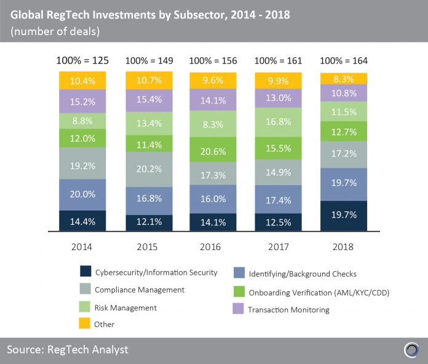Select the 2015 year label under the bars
coord(148,246)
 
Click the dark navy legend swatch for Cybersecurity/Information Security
coord(85,272)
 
